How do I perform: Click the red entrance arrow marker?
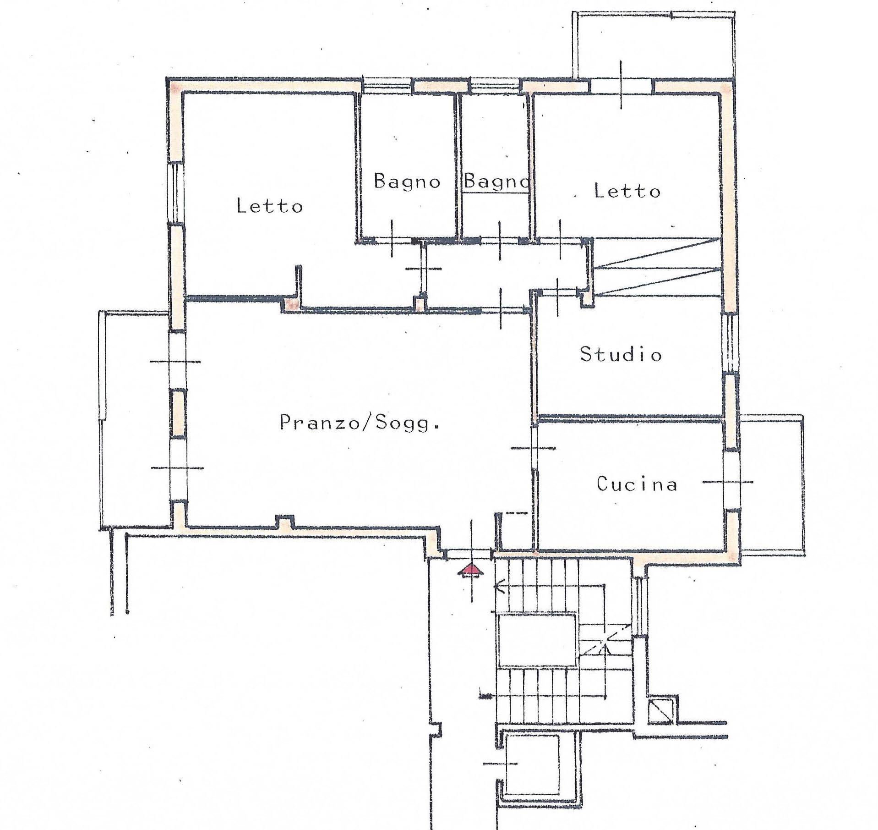pyautogui.click(x=471, y=570)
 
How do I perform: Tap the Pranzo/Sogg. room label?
pyautogui.click(x=360, y=423)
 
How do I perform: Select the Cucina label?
pyautogui.click(x=637, y=484)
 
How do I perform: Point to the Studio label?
pyautogui.click(x=621, y=354)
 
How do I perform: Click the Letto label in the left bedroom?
pyautogui.click(x=270, y=206)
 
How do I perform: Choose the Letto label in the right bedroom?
pyautogui.click(x=627, y=190)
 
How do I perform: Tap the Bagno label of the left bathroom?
pyautogui.click(x=407, y=181)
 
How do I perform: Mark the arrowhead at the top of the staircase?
pyautogui.click(x=499, y=587)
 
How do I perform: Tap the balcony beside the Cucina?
pyautogui.click(x=772, y=485)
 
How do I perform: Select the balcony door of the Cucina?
pyautogui.click(x=731, y=481)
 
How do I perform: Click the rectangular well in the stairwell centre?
pyautogui.click(x=536, y=640)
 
